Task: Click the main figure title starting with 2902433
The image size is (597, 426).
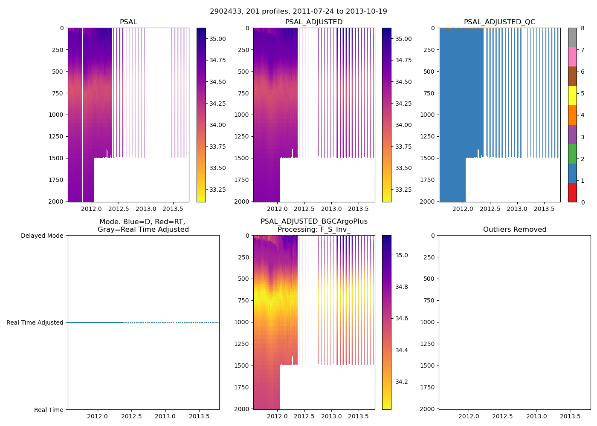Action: point(298,12)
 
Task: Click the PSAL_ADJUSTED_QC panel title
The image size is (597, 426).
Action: point(499,22)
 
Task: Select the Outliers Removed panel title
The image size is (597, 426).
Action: point(514,230)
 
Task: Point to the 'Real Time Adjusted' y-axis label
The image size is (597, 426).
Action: point(35,323)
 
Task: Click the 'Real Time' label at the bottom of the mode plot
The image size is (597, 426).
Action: point(49,410)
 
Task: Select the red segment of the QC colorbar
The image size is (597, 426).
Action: point(572,192)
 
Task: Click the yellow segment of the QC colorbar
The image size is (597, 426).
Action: point(572,95)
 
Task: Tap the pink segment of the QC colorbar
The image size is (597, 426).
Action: point(572,57)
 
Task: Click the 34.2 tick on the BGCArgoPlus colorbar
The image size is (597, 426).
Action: point(401,382)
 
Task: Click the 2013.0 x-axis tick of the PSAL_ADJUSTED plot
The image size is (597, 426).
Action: point(331,209)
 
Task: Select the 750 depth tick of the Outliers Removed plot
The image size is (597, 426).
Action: point(429,301)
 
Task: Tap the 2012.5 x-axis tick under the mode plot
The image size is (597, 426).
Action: point(131,417)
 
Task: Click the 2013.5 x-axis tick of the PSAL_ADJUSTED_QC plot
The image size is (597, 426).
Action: point(544,209)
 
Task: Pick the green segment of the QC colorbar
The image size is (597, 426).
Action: point(572,153)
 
